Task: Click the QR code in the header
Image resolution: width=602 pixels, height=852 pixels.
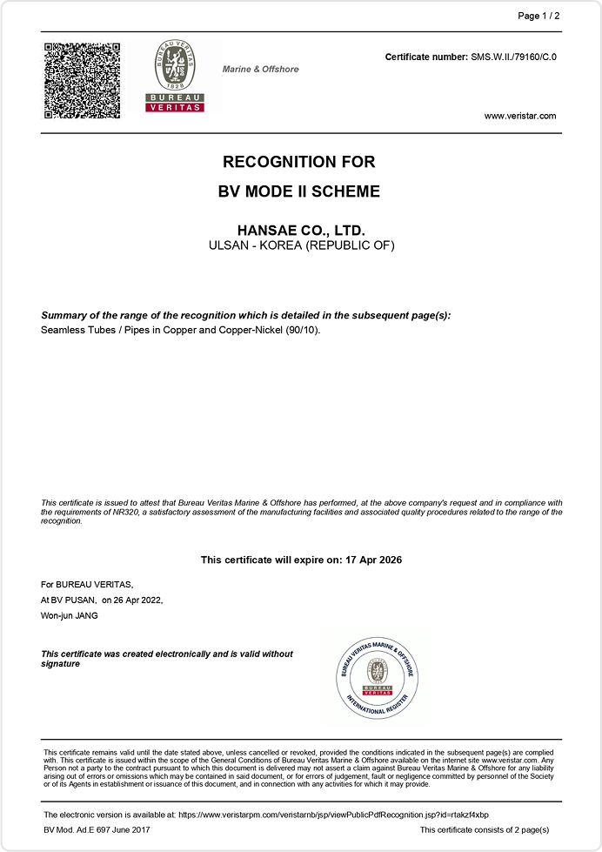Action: pos(83,79)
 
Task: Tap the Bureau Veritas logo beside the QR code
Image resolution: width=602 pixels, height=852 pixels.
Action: pos(174,76)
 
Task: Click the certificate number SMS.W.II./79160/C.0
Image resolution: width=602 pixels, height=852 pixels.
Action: pos(513,57)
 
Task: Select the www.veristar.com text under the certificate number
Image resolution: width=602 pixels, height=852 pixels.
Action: pos(519,116)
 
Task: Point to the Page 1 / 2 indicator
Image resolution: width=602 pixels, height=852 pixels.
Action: pos(538,16)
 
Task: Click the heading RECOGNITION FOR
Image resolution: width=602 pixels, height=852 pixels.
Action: pos(299,162)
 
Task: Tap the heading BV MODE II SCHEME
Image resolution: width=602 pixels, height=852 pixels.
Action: pos(299,191)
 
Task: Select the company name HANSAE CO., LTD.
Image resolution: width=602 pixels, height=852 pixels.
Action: pos(301,231)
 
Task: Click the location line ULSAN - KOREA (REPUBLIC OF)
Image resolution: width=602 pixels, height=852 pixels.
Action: pos(302,245)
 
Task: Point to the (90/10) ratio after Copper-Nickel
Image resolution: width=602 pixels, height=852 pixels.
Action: pos(303,331)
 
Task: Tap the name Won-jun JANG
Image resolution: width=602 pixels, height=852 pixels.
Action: pos(70,615)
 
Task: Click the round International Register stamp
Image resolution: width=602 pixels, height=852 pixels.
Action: pos(378,676)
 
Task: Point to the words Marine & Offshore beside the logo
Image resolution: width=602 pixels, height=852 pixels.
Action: pos(260,69)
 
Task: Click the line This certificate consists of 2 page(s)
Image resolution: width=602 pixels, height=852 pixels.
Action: pos(485,831)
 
